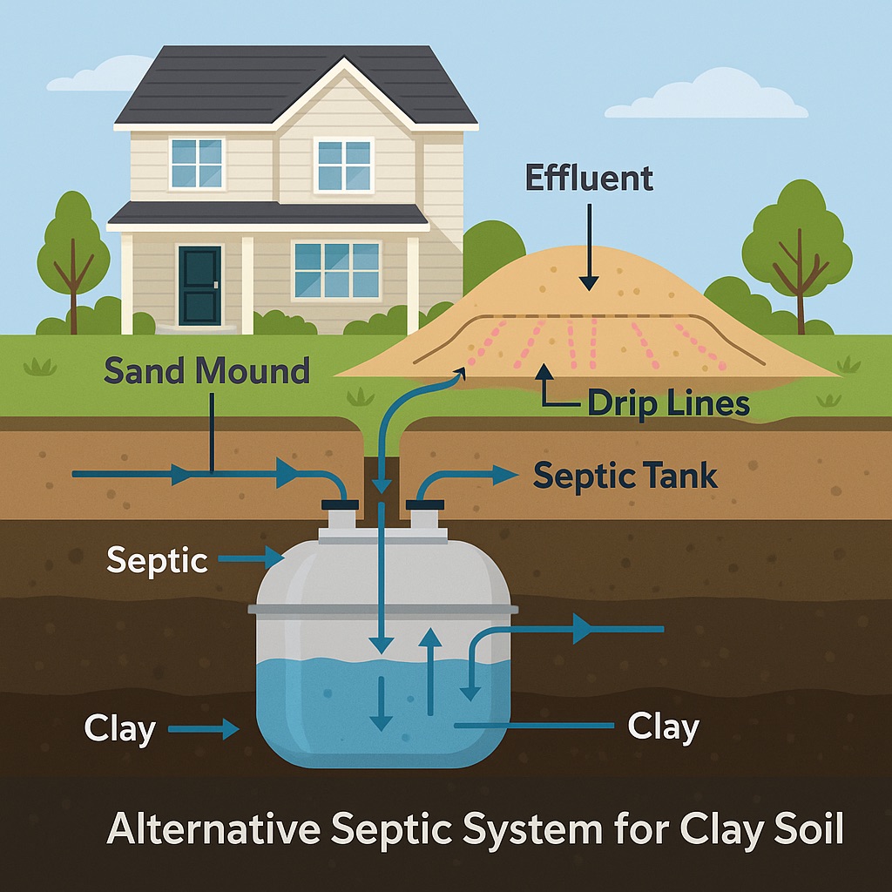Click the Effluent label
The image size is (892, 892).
click(589, 179)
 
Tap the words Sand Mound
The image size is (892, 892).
click(206, 371)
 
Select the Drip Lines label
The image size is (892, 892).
click(668, 403)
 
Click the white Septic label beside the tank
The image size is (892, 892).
click(158, 560)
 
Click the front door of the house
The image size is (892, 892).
click(199, 285)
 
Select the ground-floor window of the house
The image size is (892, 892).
click(336, 270)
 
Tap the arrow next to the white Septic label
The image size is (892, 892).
click(253, 556)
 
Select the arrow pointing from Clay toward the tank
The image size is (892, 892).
click(206, 728)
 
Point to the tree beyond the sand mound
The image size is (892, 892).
click(795, 240)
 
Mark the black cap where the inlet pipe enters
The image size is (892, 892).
click(340, 503)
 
